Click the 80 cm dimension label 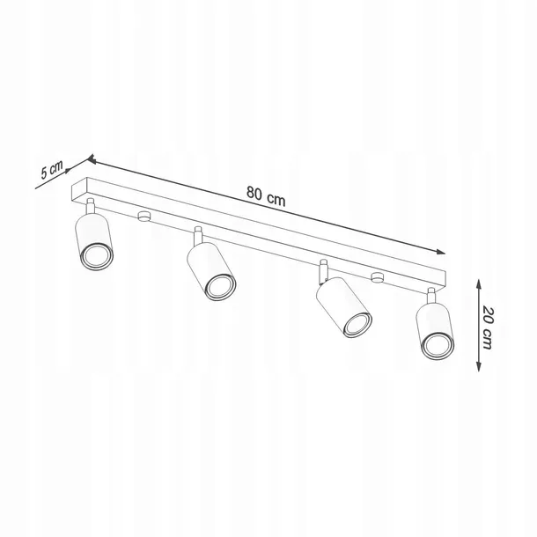click(x=266, y=196)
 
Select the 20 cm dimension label click(x=487, y=328)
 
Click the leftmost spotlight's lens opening click(x=96, y=255)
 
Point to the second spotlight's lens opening click(x=221, y=287)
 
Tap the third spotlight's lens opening click(x=358, y=324)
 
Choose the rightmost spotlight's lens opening click(x=438, y=346)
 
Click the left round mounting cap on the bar click(x=144, y=217)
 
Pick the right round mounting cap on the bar click(x=377, y=276)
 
